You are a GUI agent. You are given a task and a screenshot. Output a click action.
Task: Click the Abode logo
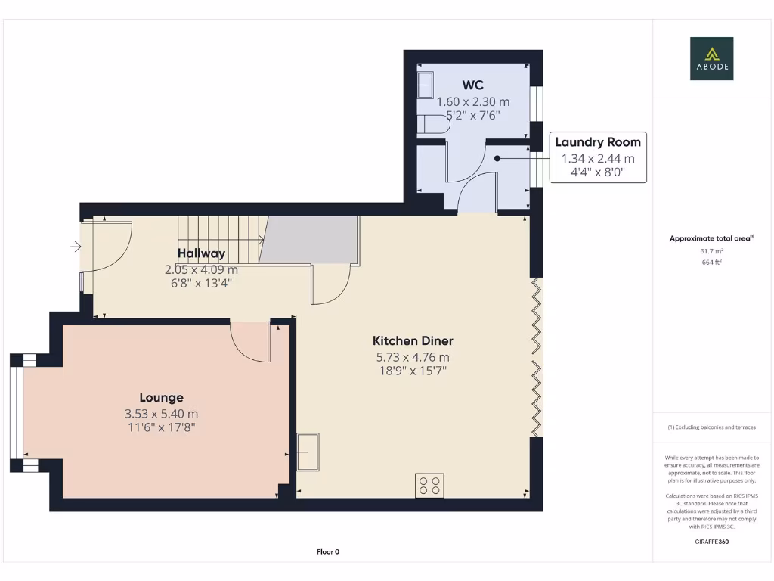point(711,58)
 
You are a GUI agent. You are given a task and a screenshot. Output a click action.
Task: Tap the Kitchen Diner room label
point(413,340)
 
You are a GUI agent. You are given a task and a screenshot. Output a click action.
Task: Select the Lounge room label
point(161,397)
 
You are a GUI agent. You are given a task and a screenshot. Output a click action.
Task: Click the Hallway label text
point(201,253)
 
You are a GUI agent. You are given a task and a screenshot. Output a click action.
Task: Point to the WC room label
point(472,85)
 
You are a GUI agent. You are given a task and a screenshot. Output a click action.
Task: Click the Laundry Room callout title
point(597,142)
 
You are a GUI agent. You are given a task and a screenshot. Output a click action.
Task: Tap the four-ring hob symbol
point(429,486)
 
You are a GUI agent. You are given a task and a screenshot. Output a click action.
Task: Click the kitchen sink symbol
point(308,452)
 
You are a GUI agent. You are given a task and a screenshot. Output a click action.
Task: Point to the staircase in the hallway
point(220,238)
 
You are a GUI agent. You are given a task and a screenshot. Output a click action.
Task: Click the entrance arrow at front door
point(76,247)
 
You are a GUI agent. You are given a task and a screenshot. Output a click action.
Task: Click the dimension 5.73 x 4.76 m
point(413,357)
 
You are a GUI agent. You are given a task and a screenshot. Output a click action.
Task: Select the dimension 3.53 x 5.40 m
point(161,414)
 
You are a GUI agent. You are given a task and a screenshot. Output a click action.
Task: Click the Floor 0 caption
point(327,551)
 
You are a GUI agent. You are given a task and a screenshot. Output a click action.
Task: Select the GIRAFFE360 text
point(711,542)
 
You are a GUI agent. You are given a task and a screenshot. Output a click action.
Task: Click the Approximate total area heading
point(711,238)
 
